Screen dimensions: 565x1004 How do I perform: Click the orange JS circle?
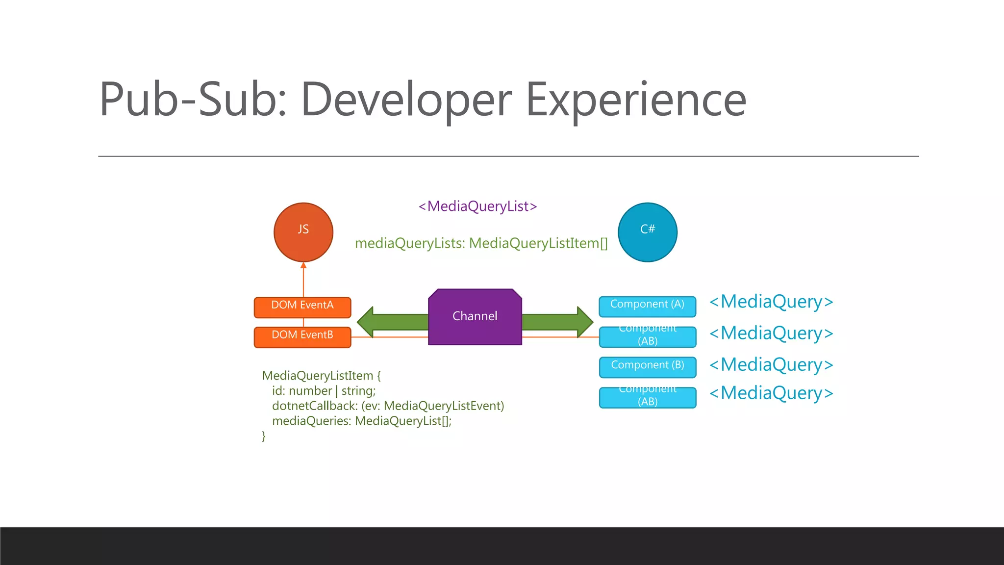pos(303,232)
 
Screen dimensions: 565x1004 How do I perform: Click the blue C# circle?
pos(647,232)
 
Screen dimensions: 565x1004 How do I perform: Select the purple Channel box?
pos(475,317)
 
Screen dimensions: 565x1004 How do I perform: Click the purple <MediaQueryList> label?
pos(477,206)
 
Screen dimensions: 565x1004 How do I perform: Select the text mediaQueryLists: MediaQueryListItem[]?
pos(481,243)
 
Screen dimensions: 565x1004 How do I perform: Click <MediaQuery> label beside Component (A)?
pos(771,302)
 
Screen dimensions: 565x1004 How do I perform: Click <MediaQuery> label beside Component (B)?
pos(771,364)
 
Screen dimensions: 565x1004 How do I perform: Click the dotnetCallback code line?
pos(388,406)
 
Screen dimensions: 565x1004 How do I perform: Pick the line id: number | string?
pos(324,391)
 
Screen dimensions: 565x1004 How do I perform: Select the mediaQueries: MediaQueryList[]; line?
pos(361,421)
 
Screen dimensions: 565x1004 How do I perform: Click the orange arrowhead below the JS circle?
pos(303,265)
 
